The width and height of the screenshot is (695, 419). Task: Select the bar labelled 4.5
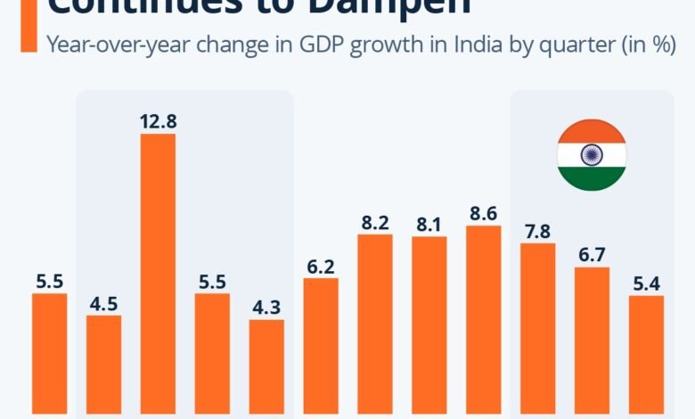click(103, 365)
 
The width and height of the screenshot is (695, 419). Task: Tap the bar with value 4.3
click(266, 366)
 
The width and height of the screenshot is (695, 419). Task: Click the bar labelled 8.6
click(483, 320)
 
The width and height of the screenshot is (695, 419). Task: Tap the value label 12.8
click(158, 119)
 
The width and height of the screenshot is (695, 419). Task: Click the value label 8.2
click(374, 221)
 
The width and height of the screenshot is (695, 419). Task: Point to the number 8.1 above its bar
click(429, 223)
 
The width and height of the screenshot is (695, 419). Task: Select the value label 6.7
click(592, 253)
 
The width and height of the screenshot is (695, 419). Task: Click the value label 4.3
click(266, 306)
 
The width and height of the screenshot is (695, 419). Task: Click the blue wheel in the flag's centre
click(592, 155)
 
